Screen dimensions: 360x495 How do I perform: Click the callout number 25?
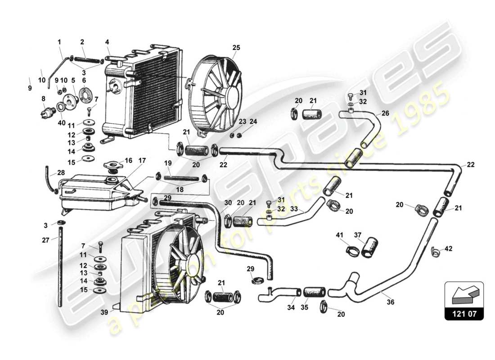(236, 47)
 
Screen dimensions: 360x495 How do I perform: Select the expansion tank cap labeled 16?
(112, 167)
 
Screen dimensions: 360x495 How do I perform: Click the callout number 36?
(391, 302)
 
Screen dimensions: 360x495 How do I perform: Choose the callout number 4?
(107, 42)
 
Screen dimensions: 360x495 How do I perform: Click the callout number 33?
(294, 209)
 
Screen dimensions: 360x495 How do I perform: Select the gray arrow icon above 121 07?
(464, 293)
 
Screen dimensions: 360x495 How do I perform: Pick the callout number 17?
(142, 161)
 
